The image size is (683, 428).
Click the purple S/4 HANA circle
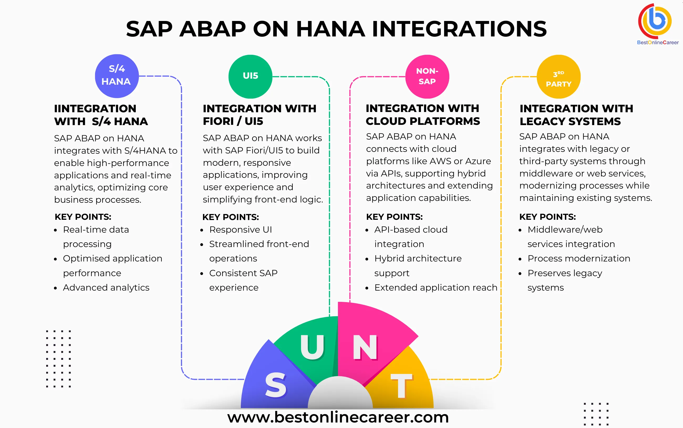click(117, 76)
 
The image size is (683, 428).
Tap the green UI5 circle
click(251, 76)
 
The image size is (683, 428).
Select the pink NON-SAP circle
click(427, 76)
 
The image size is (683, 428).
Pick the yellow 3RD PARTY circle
click(559, 76)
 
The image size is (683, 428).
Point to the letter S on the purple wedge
click(276, 385)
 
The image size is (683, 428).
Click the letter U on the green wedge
click(312, 347)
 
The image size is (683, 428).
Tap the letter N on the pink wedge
click(365, 347)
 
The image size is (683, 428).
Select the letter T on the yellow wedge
click(401, 386)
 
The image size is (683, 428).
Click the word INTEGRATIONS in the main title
click(459, 29)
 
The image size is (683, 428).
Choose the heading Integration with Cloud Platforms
click(423, 115)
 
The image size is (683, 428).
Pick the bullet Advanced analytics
click(106, 288)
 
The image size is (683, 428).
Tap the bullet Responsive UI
click(241, 229)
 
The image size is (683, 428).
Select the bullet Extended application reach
click(436, 288)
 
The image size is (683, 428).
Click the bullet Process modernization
click(579, 258)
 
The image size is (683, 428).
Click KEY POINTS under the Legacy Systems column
click(547, 217)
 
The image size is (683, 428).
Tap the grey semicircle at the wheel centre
click(340, 395)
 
